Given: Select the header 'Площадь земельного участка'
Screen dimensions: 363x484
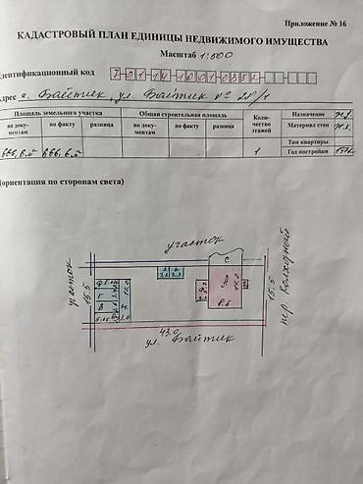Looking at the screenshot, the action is point(59,114).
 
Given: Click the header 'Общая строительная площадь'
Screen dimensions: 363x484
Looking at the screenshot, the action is point(180,114).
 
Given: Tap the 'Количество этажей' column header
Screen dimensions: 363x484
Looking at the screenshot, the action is point(261,125).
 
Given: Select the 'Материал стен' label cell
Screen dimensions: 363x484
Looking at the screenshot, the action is point(305,126).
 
